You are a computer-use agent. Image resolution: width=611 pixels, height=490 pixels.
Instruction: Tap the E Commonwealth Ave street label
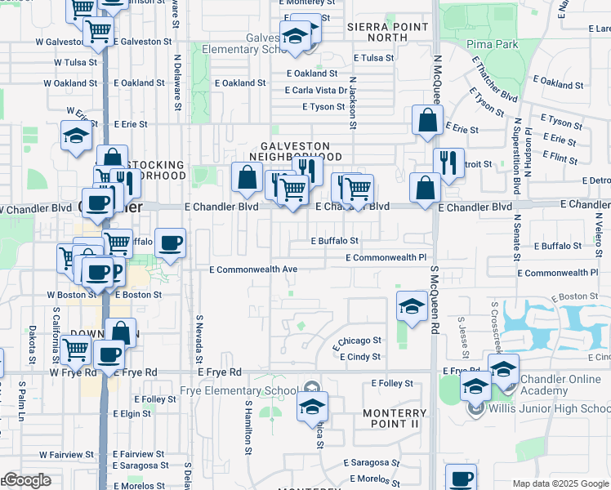point(253,269)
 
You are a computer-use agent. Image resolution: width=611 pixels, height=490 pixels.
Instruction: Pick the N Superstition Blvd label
point(516,155)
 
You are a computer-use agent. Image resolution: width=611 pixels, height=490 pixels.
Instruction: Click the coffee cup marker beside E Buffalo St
point(170,243)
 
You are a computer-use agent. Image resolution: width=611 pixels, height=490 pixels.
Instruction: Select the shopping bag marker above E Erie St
point(427,122)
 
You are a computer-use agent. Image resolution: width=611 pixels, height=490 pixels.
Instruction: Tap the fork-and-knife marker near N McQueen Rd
point(448,163)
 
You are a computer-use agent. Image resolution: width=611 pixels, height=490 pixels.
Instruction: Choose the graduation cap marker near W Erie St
point(76,136)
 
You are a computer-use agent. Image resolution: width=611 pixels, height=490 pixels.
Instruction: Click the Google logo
point(26,480)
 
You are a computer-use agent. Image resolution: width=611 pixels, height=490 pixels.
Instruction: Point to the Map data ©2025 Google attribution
point(560,483)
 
